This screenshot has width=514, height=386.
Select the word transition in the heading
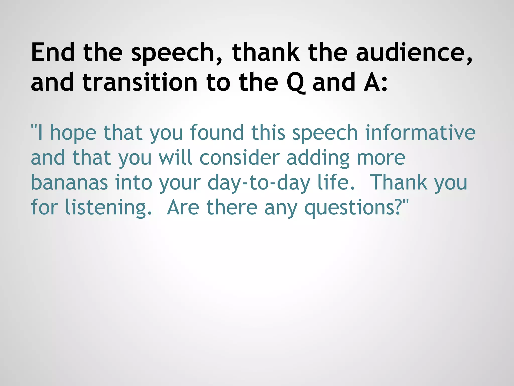click(140, 82)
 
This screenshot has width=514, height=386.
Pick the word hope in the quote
click(73, 133)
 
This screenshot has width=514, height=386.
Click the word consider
click(239, 158)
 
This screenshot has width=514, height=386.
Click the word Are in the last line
click(183, 207)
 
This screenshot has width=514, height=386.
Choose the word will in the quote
click(175, 158)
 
